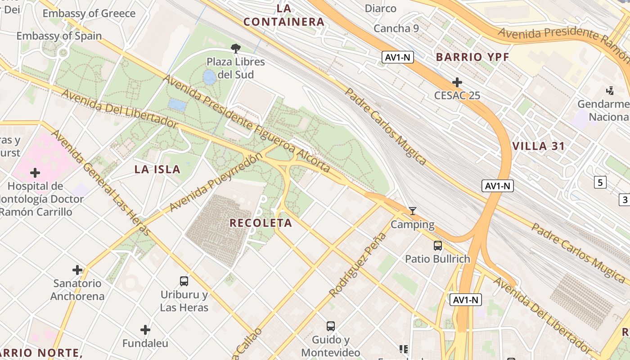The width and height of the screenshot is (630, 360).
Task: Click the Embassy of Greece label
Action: [x=89, y=13]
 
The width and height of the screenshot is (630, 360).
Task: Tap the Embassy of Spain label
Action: [x=59, y=36]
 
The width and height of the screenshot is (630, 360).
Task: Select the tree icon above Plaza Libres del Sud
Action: [x=235, y=49]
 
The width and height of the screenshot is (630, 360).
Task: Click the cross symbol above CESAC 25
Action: [x=457, y=82]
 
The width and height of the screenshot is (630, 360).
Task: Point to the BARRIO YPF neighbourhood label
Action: [x=472, y=57]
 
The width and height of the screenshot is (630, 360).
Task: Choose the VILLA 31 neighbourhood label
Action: [x=539, y=146]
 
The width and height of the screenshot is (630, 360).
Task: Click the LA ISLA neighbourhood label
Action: [x=157, y=170]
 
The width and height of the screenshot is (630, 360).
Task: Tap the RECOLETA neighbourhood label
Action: [x=261, y=223]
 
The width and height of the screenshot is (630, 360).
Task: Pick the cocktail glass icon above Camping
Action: [x=412, y=211]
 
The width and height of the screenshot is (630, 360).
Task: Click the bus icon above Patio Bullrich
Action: [x=437, y=246]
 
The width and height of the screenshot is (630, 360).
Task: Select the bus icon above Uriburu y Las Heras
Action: [x=184, y=281]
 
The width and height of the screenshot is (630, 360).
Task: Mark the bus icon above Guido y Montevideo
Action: [x=331, y=326]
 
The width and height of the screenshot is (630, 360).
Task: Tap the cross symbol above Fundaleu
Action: [x=145, y=330]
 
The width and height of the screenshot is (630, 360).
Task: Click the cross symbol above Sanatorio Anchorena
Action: [x=77, y=270]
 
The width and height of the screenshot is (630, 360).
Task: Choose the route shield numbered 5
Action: [x=600, y=182]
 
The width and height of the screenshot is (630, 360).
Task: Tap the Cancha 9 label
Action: [x=396, y=29]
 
